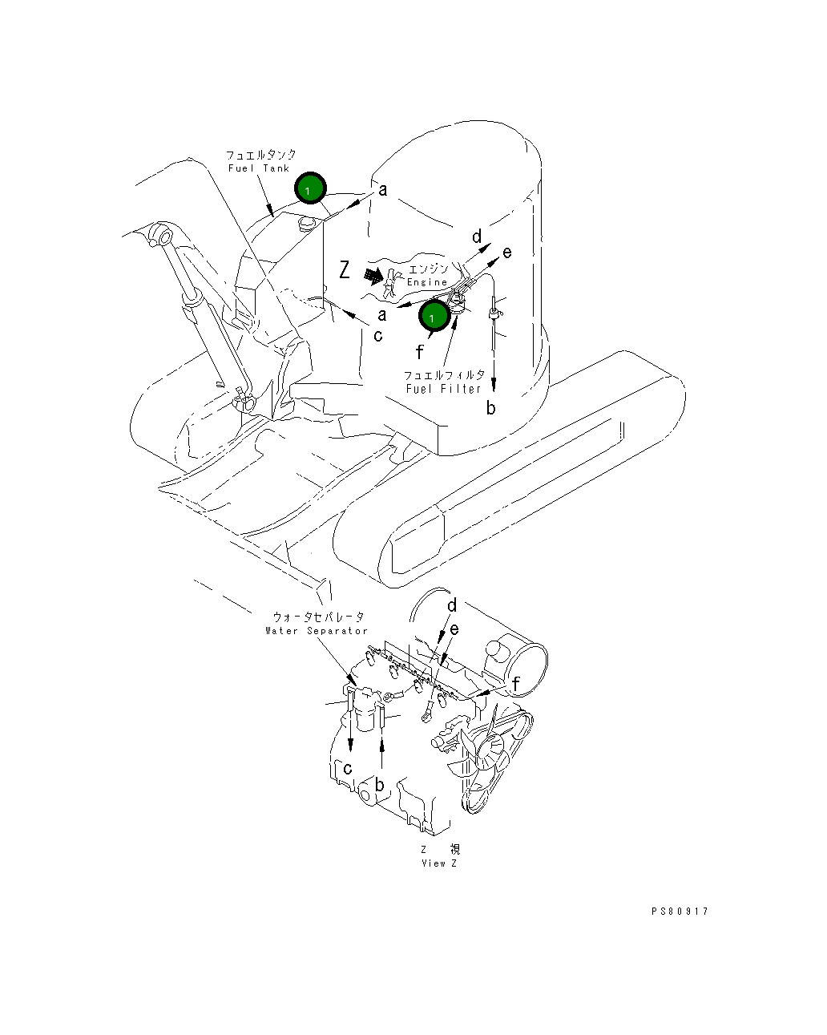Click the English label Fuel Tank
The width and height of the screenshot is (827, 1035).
pos(259,168)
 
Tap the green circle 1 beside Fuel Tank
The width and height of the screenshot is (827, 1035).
pos(310,188)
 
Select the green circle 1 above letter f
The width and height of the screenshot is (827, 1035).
pos(434,316)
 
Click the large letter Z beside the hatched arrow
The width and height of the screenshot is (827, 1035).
pos(345,270)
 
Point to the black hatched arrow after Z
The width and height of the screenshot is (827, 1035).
pos(373,277)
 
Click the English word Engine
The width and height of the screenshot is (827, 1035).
pos(427,282)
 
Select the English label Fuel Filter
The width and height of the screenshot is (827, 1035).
pos(443,389)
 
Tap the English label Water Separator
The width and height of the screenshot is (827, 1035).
pos(317,630)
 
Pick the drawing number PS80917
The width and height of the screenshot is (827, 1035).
pos(680,911)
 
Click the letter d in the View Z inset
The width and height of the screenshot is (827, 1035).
pos(452,605)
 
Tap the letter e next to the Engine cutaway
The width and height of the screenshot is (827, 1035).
pos(506,253)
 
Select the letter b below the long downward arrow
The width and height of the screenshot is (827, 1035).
pos(490,407)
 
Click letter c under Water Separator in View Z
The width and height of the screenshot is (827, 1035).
pos(348,769)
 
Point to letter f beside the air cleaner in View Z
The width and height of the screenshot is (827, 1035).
pos(516,683)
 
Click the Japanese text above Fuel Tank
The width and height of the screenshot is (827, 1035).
pos(260,155)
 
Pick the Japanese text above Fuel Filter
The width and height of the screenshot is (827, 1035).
pos(444,375)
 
